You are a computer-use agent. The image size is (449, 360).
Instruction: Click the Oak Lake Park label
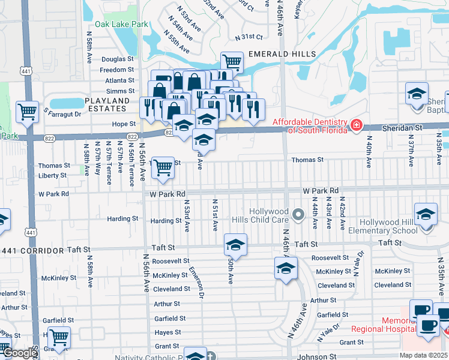[x=118, y=25]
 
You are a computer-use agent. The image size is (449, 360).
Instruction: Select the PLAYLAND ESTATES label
[x=107, y=104]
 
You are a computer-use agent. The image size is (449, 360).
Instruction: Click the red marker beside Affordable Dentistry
[x=357, y=125]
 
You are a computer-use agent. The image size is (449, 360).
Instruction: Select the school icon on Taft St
[x=235, y=245]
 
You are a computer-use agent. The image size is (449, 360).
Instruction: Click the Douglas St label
[x=118, y=59]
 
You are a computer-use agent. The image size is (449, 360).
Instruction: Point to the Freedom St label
[x=117, y=70]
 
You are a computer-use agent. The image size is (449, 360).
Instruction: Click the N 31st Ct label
[x=251, y=37]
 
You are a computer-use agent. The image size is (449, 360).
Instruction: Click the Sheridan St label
[x=407, y=128]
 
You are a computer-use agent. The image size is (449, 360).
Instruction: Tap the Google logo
[x=19, y=353]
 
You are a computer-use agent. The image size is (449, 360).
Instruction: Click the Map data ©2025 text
[x=424, y=355]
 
